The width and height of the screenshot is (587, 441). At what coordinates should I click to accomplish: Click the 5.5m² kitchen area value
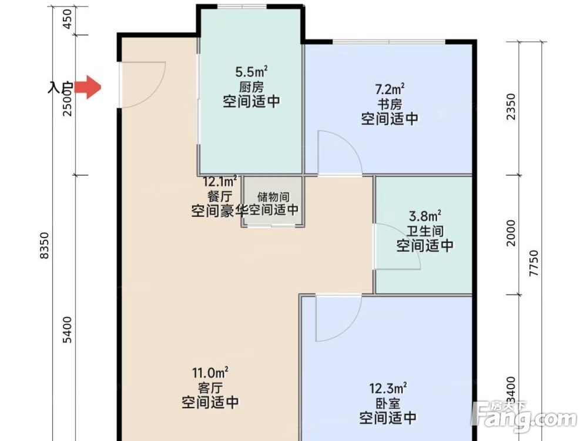251,72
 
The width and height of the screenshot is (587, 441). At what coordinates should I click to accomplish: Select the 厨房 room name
251,86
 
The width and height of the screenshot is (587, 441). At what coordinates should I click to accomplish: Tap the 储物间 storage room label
273,197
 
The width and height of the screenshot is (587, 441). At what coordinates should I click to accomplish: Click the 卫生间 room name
425,231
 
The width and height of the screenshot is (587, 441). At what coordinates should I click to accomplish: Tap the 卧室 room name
388,403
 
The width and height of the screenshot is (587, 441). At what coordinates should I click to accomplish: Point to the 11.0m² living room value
210,373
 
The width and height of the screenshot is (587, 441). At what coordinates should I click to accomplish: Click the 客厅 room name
210,387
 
